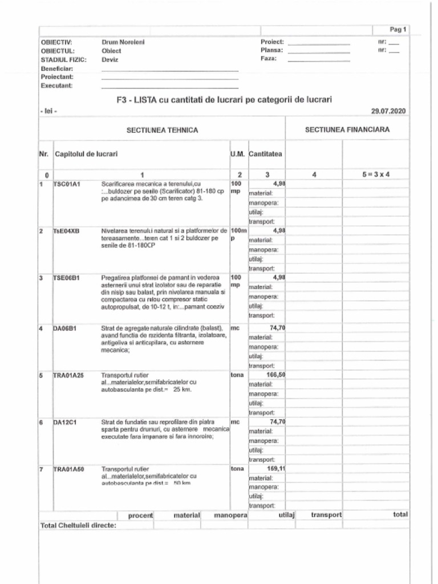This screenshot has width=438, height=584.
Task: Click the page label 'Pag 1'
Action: click(x=398, y=29)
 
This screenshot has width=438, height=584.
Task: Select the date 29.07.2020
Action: click(x=388, y=111)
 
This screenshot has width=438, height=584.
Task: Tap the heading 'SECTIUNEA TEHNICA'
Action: click(x=163, y=130)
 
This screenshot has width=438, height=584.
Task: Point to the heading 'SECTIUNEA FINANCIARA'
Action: click(x=347, y=129)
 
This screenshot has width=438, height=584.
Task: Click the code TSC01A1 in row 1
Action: click(x=67, y=184)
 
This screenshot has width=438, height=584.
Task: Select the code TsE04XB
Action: click(x=67, y=231)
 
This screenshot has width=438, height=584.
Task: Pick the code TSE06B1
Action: click(x=67, y=278)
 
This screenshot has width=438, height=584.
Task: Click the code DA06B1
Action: click(x=65, y=328)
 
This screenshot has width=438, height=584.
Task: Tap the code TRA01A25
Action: click(x=68, y=375)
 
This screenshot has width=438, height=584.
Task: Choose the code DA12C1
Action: click(x=65, y=423)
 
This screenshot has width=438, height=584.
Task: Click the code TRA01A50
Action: click(x=68, y=469)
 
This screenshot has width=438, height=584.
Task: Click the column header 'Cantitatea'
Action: click(x=266, y=154)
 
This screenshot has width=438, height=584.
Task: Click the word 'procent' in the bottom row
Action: click(x=140, y=515)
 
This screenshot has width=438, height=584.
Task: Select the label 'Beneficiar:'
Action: click(x=55, y=68)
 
